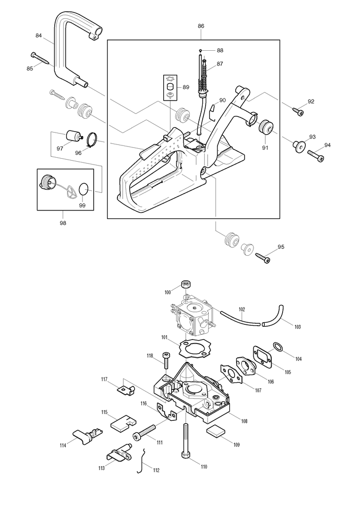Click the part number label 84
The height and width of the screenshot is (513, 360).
click(38, 35)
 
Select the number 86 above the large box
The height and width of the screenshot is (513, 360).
click(201, 26)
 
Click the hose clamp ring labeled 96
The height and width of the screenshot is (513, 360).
click(92, 140)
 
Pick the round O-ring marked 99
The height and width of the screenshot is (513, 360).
click(84, 189)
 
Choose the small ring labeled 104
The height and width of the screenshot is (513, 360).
click(278, 347)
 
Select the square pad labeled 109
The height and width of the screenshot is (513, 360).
click(216, 431)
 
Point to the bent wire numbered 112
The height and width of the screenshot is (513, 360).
click(141, 461)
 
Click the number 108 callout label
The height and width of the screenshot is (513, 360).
click(244, 421)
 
